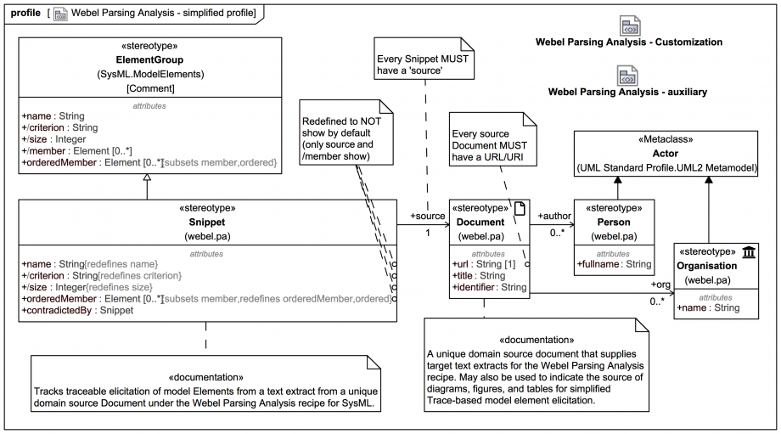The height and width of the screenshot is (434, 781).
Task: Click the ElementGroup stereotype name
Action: pos(149,60)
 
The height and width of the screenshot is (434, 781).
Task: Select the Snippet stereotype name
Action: pos(207,222)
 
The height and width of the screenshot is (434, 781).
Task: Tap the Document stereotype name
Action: pos(480,222)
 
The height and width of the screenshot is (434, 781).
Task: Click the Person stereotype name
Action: pos(613,222)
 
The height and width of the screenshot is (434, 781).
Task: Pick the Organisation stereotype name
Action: pos(707,265)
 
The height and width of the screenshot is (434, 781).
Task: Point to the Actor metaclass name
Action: pos(666,154)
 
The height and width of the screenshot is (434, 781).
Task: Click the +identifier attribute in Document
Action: pos(489,288)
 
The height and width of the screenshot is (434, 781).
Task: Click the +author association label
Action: pos(554,217)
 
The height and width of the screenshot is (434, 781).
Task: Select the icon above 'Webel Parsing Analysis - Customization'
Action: pos(629,25)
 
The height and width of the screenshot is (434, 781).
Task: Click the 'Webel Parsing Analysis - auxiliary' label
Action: pos(627,92)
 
